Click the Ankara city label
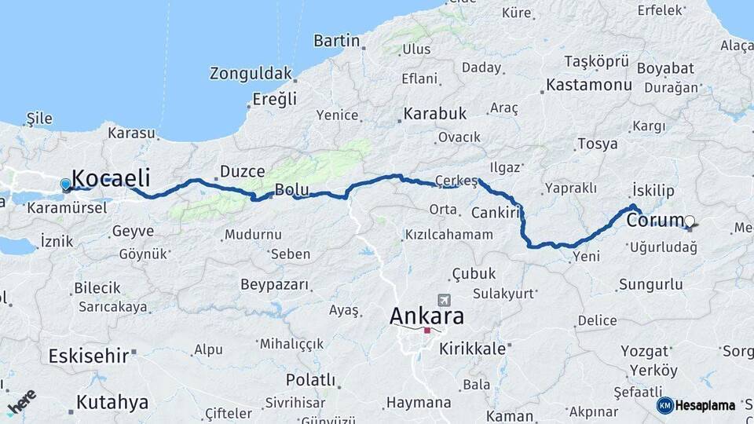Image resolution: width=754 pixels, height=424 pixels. coord(426,316)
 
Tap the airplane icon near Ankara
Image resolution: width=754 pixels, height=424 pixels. coord(445,301)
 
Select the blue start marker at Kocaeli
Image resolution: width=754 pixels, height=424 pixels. coord(65,185)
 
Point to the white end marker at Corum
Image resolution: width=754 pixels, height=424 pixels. coord(689,221)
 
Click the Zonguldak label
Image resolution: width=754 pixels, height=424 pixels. coord(251,74)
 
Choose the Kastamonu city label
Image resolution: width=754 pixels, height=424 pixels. coord(589,84)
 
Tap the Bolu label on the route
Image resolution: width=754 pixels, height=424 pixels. coord(291,189)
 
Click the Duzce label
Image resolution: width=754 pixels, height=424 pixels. coord(242,170)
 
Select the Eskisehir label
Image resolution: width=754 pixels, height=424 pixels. coord(88,356)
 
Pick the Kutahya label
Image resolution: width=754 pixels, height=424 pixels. coord(112,403)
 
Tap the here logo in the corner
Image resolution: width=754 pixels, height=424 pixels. coord(20,401)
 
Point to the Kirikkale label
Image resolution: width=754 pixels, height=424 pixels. coord(472,349)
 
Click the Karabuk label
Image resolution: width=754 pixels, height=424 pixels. coord(435,114)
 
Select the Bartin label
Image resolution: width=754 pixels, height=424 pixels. coord(336,41)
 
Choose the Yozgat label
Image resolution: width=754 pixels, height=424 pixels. coord(644,350)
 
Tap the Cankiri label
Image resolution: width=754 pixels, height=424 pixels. coord(497,213)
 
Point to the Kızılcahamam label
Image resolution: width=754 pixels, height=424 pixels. coord(449,235)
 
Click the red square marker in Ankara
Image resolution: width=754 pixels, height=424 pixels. coord(426,331)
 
